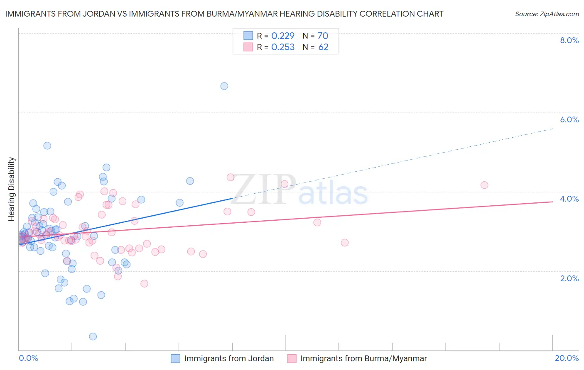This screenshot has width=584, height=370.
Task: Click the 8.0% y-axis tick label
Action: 569,40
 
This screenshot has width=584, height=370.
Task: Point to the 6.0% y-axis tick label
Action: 569,119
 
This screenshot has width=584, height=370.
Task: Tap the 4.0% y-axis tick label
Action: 569,199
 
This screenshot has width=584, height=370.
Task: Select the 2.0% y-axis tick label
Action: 569,278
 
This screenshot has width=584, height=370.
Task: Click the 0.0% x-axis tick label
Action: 28,358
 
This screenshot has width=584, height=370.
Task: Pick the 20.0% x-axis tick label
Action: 567,358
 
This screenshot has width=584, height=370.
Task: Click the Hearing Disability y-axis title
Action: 12,189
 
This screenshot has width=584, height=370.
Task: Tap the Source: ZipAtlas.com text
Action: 547,14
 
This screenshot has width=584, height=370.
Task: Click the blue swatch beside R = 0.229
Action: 248,36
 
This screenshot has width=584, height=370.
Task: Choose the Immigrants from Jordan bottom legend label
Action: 229,358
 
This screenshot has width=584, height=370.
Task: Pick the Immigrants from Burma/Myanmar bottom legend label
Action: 363,358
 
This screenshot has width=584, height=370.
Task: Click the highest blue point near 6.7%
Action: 224,86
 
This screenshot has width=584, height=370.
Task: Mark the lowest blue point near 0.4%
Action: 93,336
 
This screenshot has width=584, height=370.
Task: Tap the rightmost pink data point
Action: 484,185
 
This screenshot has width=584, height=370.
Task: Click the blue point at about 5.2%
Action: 47,146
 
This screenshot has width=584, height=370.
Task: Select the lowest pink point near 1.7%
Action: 144,284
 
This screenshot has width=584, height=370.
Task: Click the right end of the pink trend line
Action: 552,202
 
